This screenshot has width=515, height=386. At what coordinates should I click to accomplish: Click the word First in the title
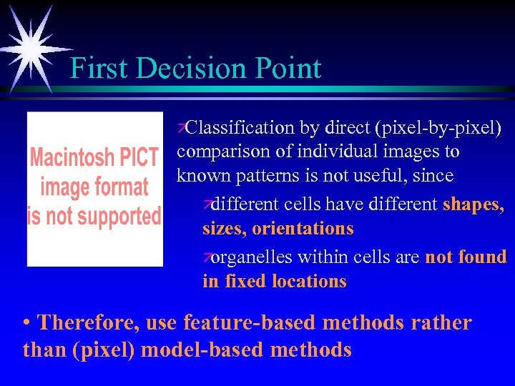point(99,69)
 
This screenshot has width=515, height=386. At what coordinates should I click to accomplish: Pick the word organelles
point(253,257)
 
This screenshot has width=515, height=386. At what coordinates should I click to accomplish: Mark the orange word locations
point(310,282)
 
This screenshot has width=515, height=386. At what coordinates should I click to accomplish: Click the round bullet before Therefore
point(27,323)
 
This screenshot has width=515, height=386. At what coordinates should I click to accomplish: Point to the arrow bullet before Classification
point(182,128)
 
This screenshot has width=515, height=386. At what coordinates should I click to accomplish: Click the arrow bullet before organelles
point(207,257)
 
